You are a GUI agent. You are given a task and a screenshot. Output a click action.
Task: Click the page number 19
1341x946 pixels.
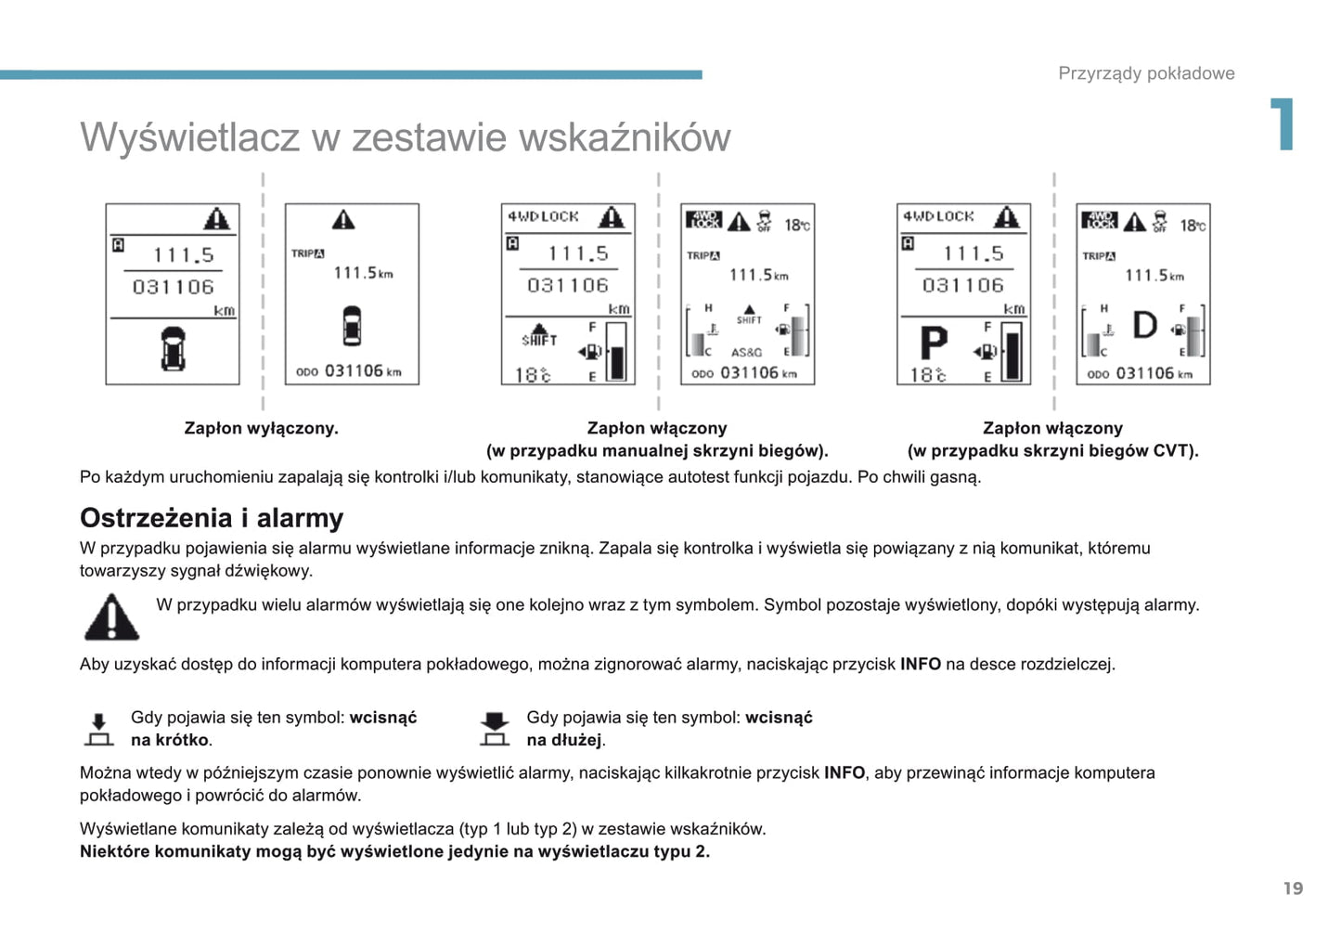click(x=1293, y=888)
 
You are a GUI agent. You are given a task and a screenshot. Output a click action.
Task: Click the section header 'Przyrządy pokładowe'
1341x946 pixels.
click(x=1146, y=73)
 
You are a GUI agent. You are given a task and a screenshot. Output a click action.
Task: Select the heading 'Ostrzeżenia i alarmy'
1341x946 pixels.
click(x=212, y=517)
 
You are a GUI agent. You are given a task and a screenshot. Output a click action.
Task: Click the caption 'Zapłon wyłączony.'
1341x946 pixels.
click(x=261, y=428)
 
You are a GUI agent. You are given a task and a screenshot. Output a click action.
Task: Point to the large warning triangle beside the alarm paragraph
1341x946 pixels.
click(x=111, y=617)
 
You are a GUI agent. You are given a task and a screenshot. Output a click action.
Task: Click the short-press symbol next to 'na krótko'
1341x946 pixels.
click(x=98, y=729)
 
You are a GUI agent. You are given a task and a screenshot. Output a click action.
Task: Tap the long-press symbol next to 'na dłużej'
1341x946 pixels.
click(x=495, y=729)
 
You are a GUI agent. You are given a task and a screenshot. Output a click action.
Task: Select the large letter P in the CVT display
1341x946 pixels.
click(x=934, y=343)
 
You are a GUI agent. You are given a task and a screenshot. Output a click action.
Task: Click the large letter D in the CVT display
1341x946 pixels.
click(x=1145, y=325)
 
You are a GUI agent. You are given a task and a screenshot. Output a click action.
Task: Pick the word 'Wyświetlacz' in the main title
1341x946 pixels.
click(x=189, y=137)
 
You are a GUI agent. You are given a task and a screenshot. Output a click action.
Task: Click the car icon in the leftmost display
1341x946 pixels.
click(x=173, y=348)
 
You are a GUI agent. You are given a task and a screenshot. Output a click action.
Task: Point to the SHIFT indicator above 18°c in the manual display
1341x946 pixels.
click(x=538, y=337)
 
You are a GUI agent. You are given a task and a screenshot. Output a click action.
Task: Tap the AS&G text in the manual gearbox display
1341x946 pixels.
click(x=746, y=353)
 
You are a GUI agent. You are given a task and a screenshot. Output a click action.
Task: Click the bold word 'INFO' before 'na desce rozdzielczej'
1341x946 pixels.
click(x=921, y=664)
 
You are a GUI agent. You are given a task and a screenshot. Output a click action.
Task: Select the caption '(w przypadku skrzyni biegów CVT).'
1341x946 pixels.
click(x=1052, y=451)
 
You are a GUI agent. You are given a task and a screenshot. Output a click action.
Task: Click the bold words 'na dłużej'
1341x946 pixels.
click(x=564, y=740)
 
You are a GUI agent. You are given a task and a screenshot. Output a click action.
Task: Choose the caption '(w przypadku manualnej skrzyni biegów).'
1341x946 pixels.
click(x=657, y=451)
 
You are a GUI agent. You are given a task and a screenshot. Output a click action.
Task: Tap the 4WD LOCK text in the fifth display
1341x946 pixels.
click(x=938, y=216)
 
